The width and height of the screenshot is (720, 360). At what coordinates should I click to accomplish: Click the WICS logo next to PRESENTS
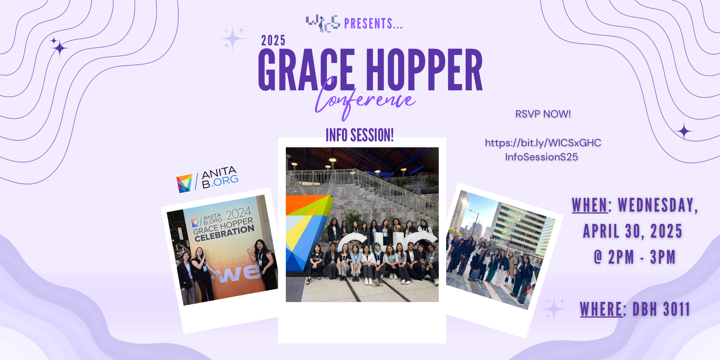click(323, 24)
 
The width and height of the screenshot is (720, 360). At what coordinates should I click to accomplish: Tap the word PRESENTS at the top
click(373, 24)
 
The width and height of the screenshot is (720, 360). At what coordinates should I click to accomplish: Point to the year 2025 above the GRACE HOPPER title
click(273, 40)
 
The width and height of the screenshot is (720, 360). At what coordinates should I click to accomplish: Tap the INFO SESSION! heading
click(360, 135)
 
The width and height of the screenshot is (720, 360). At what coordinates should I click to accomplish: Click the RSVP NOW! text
click(543, 114)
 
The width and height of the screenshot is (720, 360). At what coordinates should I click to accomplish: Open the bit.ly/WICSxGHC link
click(543, 150)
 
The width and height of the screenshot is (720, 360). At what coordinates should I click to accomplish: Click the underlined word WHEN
click(590, 205)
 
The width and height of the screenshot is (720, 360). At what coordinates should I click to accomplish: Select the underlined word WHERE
click(601, 309)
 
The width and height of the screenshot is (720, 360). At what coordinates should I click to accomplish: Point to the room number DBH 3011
click(661, 309)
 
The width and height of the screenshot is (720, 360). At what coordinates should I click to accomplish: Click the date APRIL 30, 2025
click(632, 231)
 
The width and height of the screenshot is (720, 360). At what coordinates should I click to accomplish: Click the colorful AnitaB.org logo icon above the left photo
click(184, 183)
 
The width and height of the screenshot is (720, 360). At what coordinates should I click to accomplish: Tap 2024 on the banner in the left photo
click(239, 213)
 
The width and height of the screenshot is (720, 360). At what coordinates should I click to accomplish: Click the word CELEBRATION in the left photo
click(224, 234)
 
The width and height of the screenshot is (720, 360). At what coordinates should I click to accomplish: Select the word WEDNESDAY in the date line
click(658, 205)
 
